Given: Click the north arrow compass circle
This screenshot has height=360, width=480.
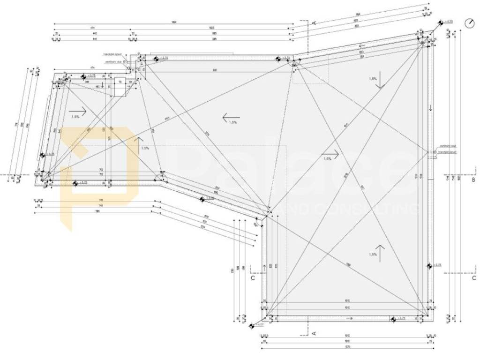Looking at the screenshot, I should click(x=469, y=23).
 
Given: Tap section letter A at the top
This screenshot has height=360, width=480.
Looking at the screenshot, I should click(x=314, y=22).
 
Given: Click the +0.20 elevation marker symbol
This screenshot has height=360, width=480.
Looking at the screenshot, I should click(x=441, y=22).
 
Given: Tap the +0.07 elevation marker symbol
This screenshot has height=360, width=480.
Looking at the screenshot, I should click(x=252, y=325).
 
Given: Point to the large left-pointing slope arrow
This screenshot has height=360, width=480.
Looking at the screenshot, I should click(x=231, y=117).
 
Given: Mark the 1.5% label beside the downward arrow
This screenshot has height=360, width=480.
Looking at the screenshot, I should click(x=373, y=79).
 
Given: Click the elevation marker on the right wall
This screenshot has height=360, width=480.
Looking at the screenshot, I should click(x=429, y=265).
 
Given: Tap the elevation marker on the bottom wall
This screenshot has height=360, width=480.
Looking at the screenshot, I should click(x=393, y=319).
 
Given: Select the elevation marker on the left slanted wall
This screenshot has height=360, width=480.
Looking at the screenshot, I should click(x=42, y=155).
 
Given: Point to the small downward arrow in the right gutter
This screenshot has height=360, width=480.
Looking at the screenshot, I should click(x=430, y=107).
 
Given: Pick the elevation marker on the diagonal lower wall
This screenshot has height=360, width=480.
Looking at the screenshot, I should click(x=202, y=199).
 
